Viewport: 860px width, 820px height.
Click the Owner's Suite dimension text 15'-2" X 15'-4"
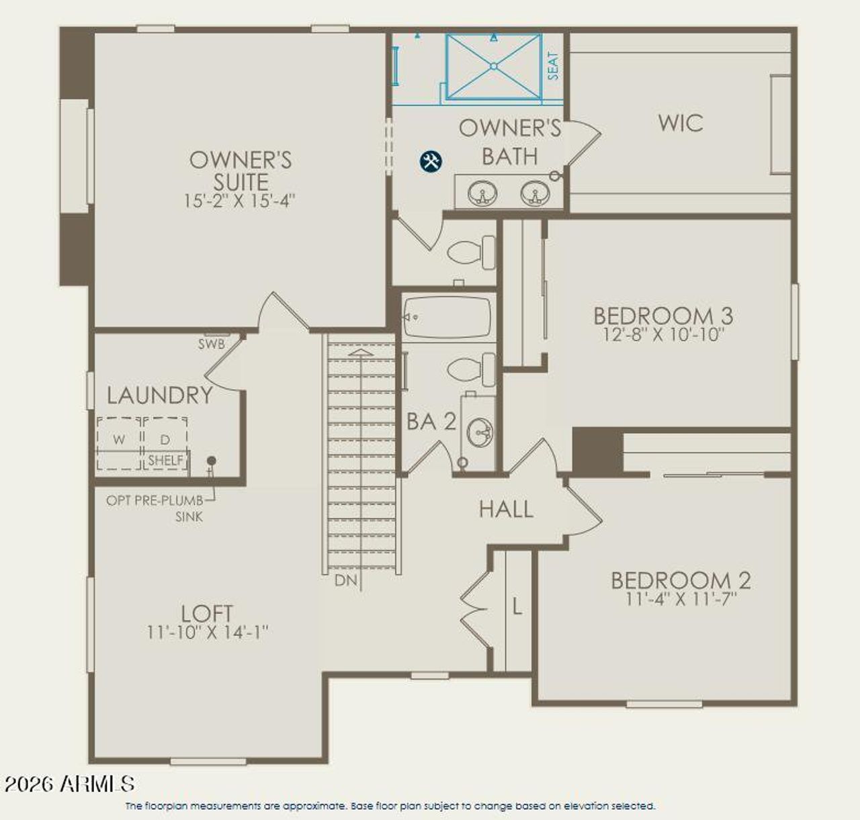(x=240, y=201)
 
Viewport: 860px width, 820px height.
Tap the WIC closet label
(x=681, y=123)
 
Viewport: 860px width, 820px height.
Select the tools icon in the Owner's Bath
(x=431, y=161)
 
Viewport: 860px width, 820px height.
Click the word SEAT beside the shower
(x=553, y=66)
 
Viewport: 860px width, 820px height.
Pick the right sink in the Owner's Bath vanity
(x=535, y=193)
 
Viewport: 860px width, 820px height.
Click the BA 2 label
(x=431, y=422)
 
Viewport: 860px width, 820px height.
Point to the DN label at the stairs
(x=346, y=580)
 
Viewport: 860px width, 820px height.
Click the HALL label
(x=506, y=509)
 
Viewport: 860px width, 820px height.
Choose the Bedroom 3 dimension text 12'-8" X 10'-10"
(x=663, y=334)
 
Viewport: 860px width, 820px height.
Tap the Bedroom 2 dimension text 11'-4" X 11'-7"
(x=681, y=598)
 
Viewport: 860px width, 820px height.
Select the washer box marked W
(x=119, y=440)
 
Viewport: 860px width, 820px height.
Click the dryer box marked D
(x=165, y=440)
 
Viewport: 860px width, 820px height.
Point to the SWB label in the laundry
(x=211, y=344)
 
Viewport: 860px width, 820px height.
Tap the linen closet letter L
(x=517, y=607)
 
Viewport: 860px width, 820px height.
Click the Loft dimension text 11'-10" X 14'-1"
(x=208, y=632)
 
